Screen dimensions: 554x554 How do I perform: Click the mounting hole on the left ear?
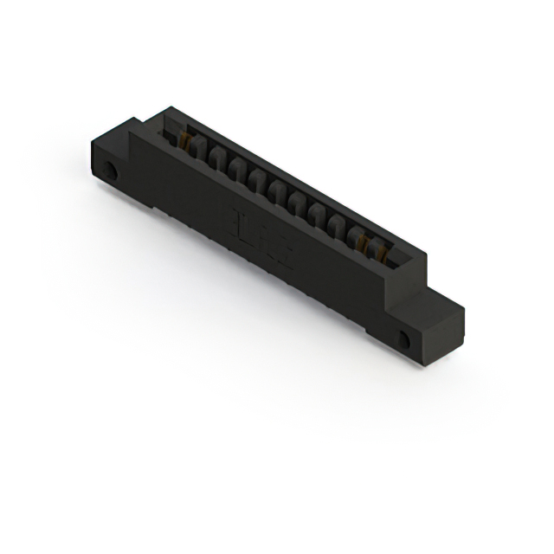click(110, 170)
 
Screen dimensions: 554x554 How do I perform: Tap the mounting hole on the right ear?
click(403, 339)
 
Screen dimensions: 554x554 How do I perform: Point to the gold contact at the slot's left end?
click(184, 140)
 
